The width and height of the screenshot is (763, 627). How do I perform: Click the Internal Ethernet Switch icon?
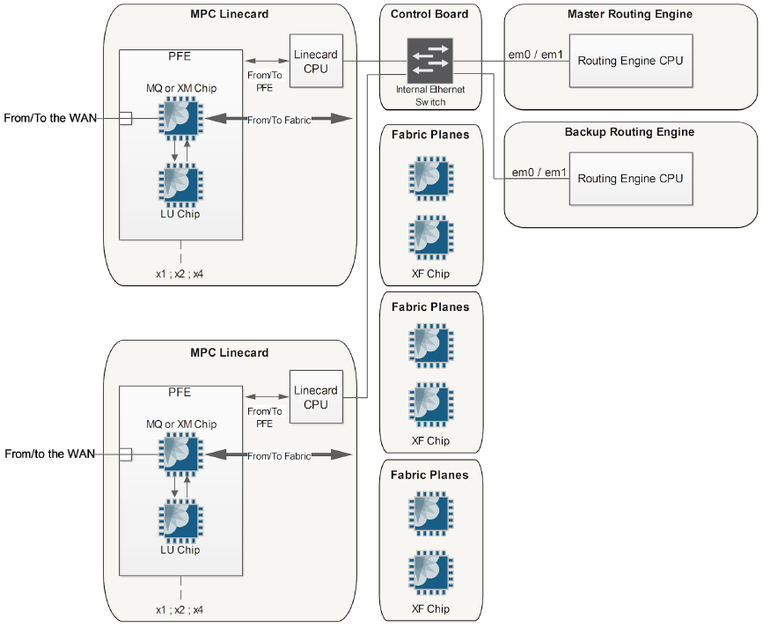click(x=430, y=61)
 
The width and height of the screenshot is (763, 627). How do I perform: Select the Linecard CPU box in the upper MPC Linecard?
click(x=316, y=61)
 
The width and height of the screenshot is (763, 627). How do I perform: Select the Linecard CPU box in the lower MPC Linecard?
click(x=316, y=397)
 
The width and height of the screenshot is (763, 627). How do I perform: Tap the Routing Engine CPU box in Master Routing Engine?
click(x=630, y=61)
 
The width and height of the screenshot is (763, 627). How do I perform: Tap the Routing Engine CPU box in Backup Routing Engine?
click(x=630, y=178)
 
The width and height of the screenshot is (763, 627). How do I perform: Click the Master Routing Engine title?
click(x=630, y=14)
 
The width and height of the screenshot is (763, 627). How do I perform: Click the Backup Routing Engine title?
click(x=630, y=132)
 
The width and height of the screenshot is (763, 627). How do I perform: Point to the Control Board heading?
click(x=430, y=14)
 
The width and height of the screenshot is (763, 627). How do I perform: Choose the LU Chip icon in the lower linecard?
click(x=181, y=521)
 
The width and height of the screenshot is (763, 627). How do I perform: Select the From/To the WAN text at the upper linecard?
click(x=50, y=118)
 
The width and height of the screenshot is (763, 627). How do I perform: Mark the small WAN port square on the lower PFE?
click(x=126, y=454)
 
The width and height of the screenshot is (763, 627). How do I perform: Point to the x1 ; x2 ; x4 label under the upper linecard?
click(x=180, y=274)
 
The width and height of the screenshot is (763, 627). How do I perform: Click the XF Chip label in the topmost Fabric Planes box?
click(x=430, y=274)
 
